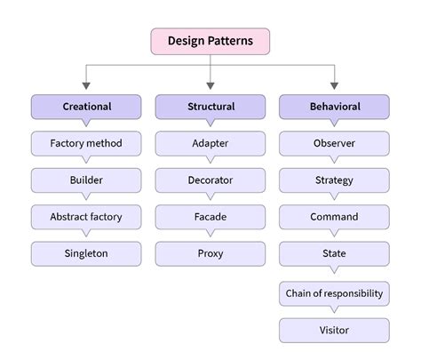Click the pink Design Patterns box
[210, 41]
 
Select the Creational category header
[86, 107]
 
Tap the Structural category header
[210, 107]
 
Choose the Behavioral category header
[334, 107]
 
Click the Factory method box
[86, 143]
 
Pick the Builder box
[86, 180]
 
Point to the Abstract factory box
[86, 217]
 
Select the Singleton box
[86, 254]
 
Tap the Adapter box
[210, 143]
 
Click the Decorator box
[210, 180]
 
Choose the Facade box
[210, 217]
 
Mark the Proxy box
[210, 254]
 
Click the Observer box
[334, 143]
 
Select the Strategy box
[334, 180]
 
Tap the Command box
[334, 217]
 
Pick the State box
[334, 254]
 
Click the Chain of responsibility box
[334, 292]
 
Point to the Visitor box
[334, 331]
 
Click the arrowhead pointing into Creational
[86, 87]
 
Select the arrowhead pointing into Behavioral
[334, 87]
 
